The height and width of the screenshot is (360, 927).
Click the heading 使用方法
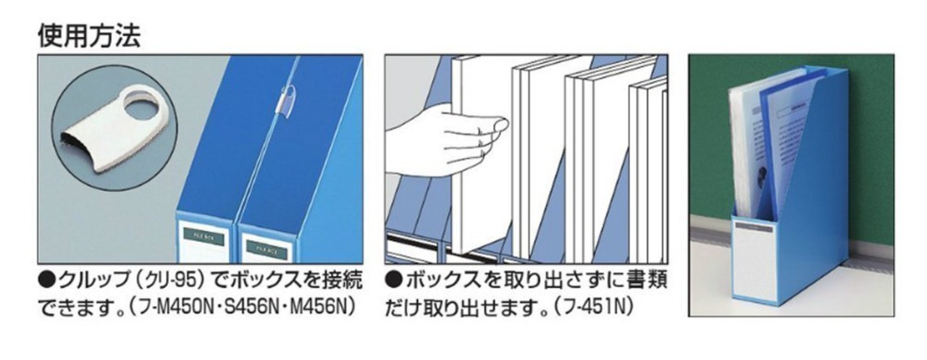[89, 36]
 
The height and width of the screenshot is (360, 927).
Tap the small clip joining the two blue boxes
[285, 101]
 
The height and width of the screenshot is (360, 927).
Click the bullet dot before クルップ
[47, 281]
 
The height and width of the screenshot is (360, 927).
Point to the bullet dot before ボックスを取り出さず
[394, 281]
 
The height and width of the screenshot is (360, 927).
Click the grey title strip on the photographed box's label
[754, 227]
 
